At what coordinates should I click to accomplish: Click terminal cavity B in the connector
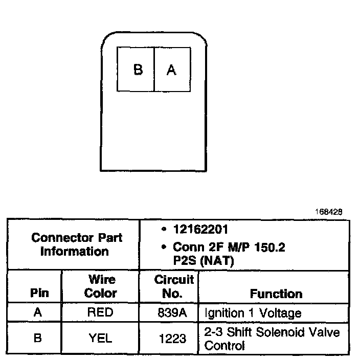pos(136,70)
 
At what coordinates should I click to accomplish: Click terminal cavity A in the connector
pos(172,70)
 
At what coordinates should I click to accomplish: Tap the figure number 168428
pos(329,211)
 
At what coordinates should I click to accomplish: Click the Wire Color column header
pos(101,286)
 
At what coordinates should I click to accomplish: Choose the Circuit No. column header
pos(174,286)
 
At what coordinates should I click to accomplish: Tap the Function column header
pos(276,294)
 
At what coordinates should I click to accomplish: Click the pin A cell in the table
pos(37,312)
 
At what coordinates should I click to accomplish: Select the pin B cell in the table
pos(37,338)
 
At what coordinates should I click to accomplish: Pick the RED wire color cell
pos(101,312)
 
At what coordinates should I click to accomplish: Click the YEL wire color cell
pos(101,338)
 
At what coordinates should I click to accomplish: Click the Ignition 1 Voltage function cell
pos(253,312)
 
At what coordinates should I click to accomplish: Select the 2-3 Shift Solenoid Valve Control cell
pos(272,339)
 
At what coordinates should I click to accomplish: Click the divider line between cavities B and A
pos(154,70)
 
